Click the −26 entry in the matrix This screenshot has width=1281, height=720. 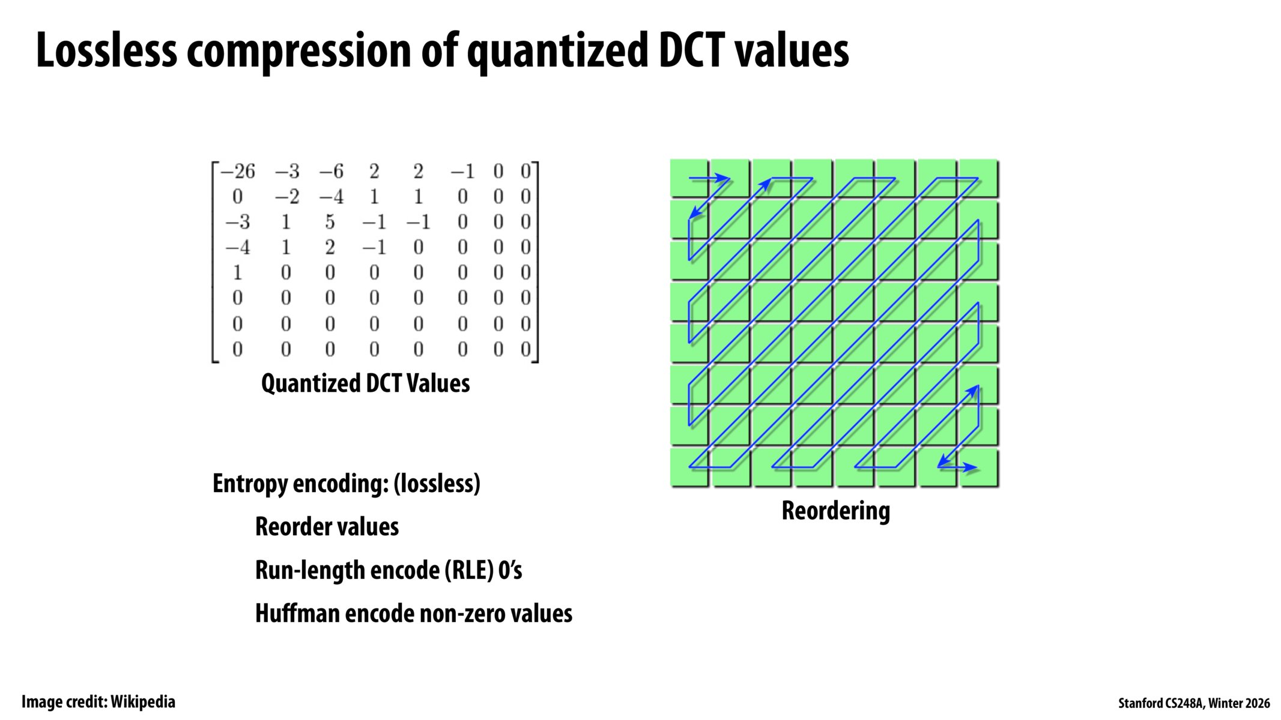(x=238, y=172)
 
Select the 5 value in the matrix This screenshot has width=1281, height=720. (x=330, y=223)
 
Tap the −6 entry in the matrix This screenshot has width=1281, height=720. (x=331, y=172)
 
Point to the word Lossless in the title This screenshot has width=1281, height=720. (x=106, y=51)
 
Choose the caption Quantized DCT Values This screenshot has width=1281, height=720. (x=365, y=383)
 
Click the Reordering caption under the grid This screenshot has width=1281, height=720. (x=835, y=511)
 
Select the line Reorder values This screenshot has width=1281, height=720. (x=327, y=527)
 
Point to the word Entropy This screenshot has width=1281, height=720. (x=250, y=484)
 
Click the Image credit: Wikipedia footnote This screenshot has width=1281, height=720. (x=98, y=702)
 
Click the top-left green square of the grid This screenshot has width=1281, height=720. (x=689, y=178)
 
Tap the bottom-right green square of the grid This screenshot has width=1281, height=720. (x=978, y=467)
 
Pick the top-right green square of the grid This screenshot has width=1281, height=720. (x=978, y=178)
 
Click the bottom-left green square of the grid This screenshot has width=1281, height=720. (x=689, y=467)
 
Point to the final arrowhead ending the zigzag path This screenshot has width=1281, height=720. (x=972, y=467)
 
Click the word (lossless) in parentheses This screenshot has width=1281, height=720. (x=437, y=484)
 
